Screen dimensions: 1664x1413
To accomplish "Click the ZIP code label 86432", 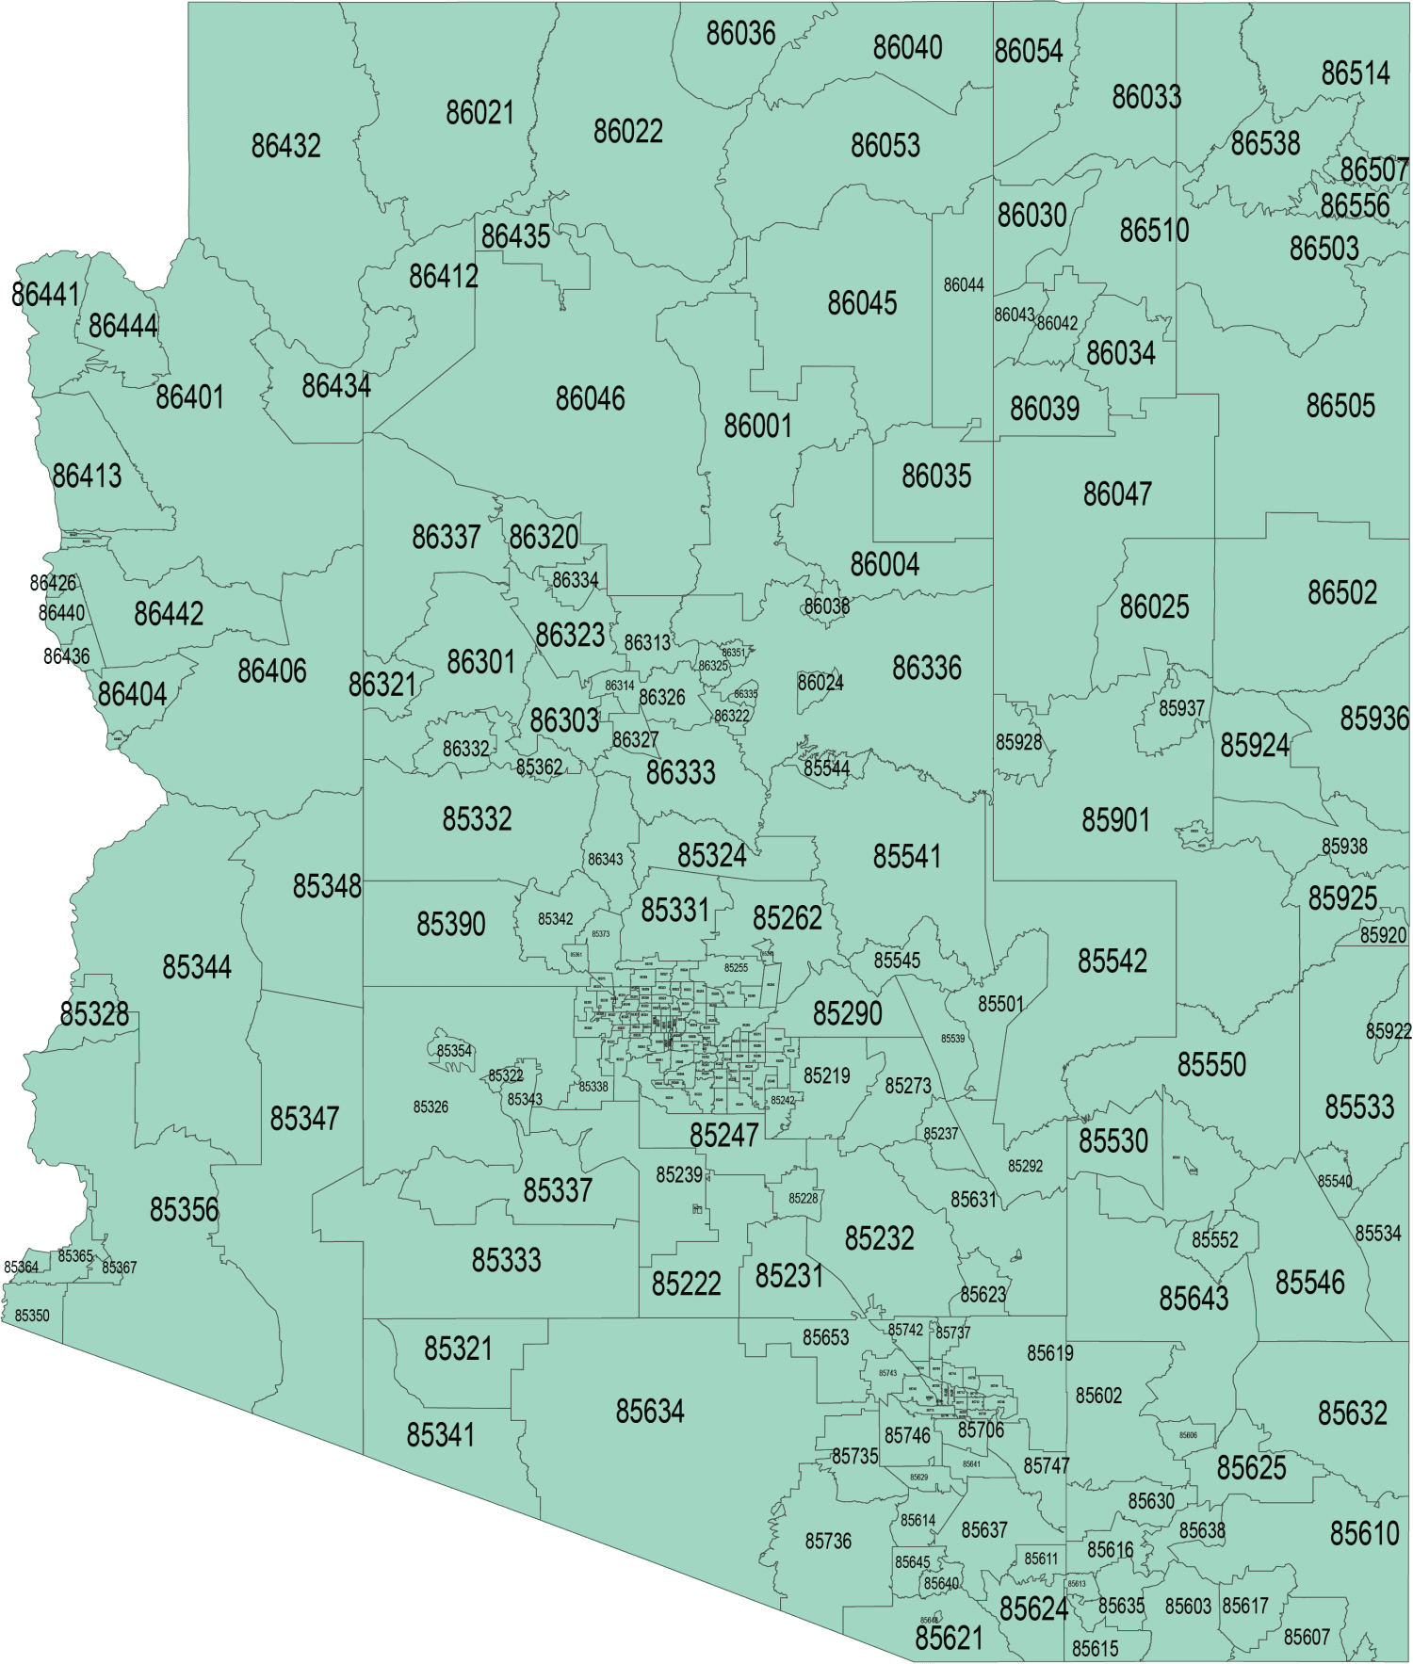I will click(x=285, y=146).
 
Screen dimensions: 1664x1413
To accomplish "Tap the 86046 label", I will click(x=590, y=399).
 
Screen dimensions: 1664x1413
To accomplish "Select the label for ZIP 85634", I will click(x=650, y=1412).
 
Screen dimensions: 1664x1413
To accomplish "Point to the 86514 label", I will click(x=1356, y=73).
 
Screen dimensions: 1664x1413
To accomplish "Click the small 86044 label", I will click(x=964, y=285).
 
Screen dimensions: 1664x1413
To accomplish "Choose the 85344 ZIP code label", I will click(x=197, y=967).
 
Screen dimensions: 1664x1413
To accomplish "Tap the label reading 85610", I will click(x=1364, y=1534).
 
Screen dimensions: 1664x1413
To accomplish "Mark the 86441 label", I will click(x=44, y=295).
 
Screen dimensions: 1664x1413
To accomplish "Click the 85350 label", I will click(x=32, y=1316).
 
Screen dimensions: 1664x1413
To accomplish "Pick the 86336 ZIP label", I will click(x=927, y=669).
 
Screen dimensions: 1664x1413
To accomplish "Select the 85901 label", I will click(x=1115, y=820).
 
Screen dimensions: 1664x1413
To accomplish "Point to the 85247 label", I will click(x=723, y=1136).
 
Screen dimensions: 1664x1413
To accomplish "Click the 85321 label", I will click(x=458, y=1349).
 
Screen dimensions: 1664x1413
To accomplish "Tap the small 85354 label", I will click(x=454, y=1051).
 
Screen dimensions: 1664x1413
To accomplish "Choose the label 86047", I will click(x=1117, y=494).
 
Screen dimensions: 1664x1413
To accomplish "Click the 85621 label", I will click(x=949, y=1639).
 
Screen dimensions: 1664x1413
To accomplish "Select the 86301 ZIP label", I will click(x=480, y=662).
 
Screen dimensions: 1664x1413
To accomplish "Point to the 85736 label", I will click(x=828, y=1542).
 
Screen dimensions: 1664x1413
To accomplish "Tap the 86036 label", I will click(x=740, y=34).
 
